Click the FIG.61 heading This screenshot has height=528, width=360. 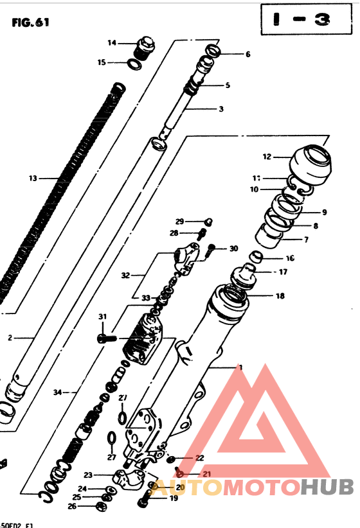click(30, 23)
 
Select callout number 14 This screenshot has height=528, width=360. click(111, 43)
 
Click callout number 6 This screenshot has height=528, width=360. click(248, 54)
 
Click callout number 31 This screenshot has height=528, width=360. click(102, 317)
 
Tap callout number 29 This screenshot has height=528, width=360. click(179, 221)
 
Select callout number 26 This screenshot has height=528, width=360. click(71, 506)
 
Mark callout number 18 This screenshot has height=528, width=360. click(279, 296)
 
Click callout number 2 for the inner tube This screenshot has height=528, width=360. click(10, 337)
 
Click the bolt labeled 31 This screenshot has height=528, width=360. click(105, 337)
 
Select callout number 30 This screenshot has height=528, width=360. click(233, 249)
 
